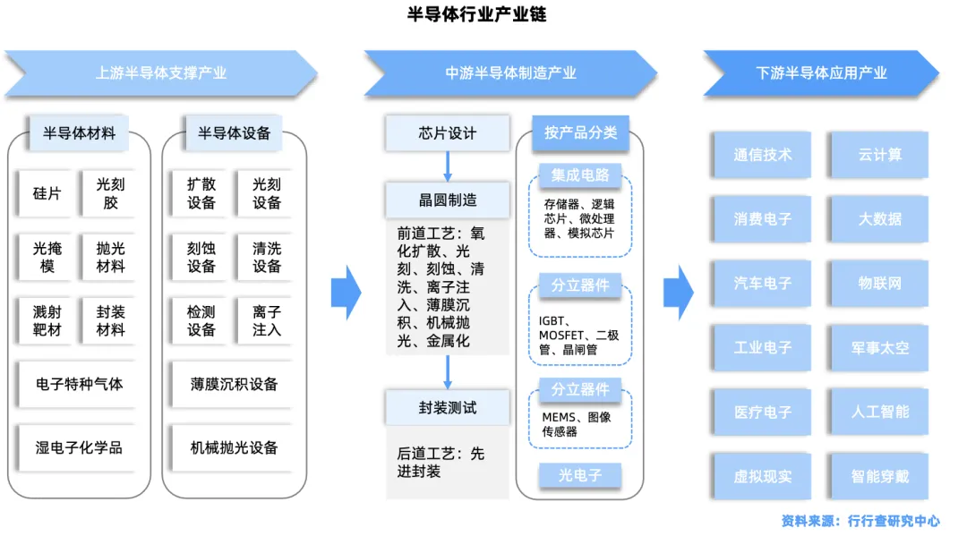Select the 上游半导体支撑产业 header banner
coord(161,73)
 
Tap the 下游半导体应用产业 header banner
coord(820,73)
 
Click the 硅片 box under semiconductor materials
coord(47,193)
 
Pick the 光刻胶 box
coord(110,193)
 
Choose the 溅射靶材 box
coord(47,320)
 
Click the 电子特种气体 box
coord(80,384)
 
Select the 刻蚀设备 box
coord(201,257)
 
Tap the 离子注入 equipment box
coord(266,320)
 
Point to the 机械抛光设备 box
coord(234,447)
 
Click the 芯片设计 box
coord(448,133)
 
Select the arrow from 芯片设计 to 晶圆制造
coord(448,166)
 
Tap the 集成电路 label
coord(579,174)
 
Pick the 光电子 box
coord(579,475)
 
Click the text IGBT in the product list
coord(552,320)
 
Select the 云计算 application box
coord(879,154)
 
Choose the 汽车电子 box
coord(763,283)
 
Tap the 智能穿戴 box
coord(879,476)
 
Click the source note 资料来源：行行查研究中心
coord(860,520)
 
